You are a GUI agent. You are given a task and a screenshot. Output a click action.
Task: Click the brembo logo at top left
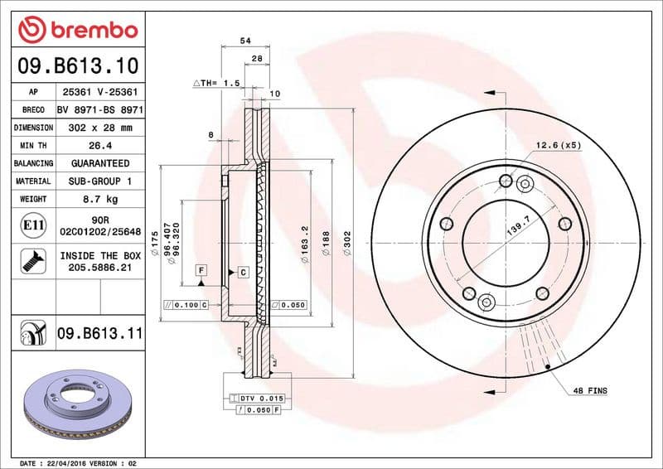(77, 30)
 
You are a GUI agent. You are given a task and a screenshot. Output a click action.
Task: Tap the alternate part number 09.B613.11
(99, 334)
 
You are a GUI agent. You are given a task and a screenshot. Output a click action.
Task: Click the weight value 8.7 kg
(99, 199)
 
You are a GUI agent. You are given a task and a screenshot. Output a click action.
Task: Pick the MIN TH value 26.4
(99, 146)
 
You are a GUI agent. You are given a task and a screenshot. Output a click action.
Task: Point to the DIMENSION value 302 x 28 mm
(99, 128)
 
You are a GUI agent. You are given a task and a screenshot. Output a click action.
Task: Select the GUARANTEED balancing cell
(99, 163)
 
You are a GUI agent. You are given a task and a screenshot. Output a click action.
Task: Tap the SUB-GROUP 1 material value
(99, 181)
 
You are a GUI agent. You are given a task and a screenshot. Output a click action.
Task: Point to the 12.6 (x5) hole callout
(558, 145)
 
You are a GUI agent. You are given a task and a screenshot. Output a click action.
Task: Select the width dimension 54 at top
(244, 40)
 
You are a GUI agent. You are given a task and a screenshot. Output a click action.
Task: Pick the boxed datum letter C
(244, 272)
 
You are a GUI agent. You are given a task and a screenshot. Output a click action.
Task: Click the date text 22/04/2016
(65, 462)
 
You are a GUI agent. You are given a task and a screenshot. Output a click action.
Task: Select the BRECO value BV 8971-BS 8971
(99, 109)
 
